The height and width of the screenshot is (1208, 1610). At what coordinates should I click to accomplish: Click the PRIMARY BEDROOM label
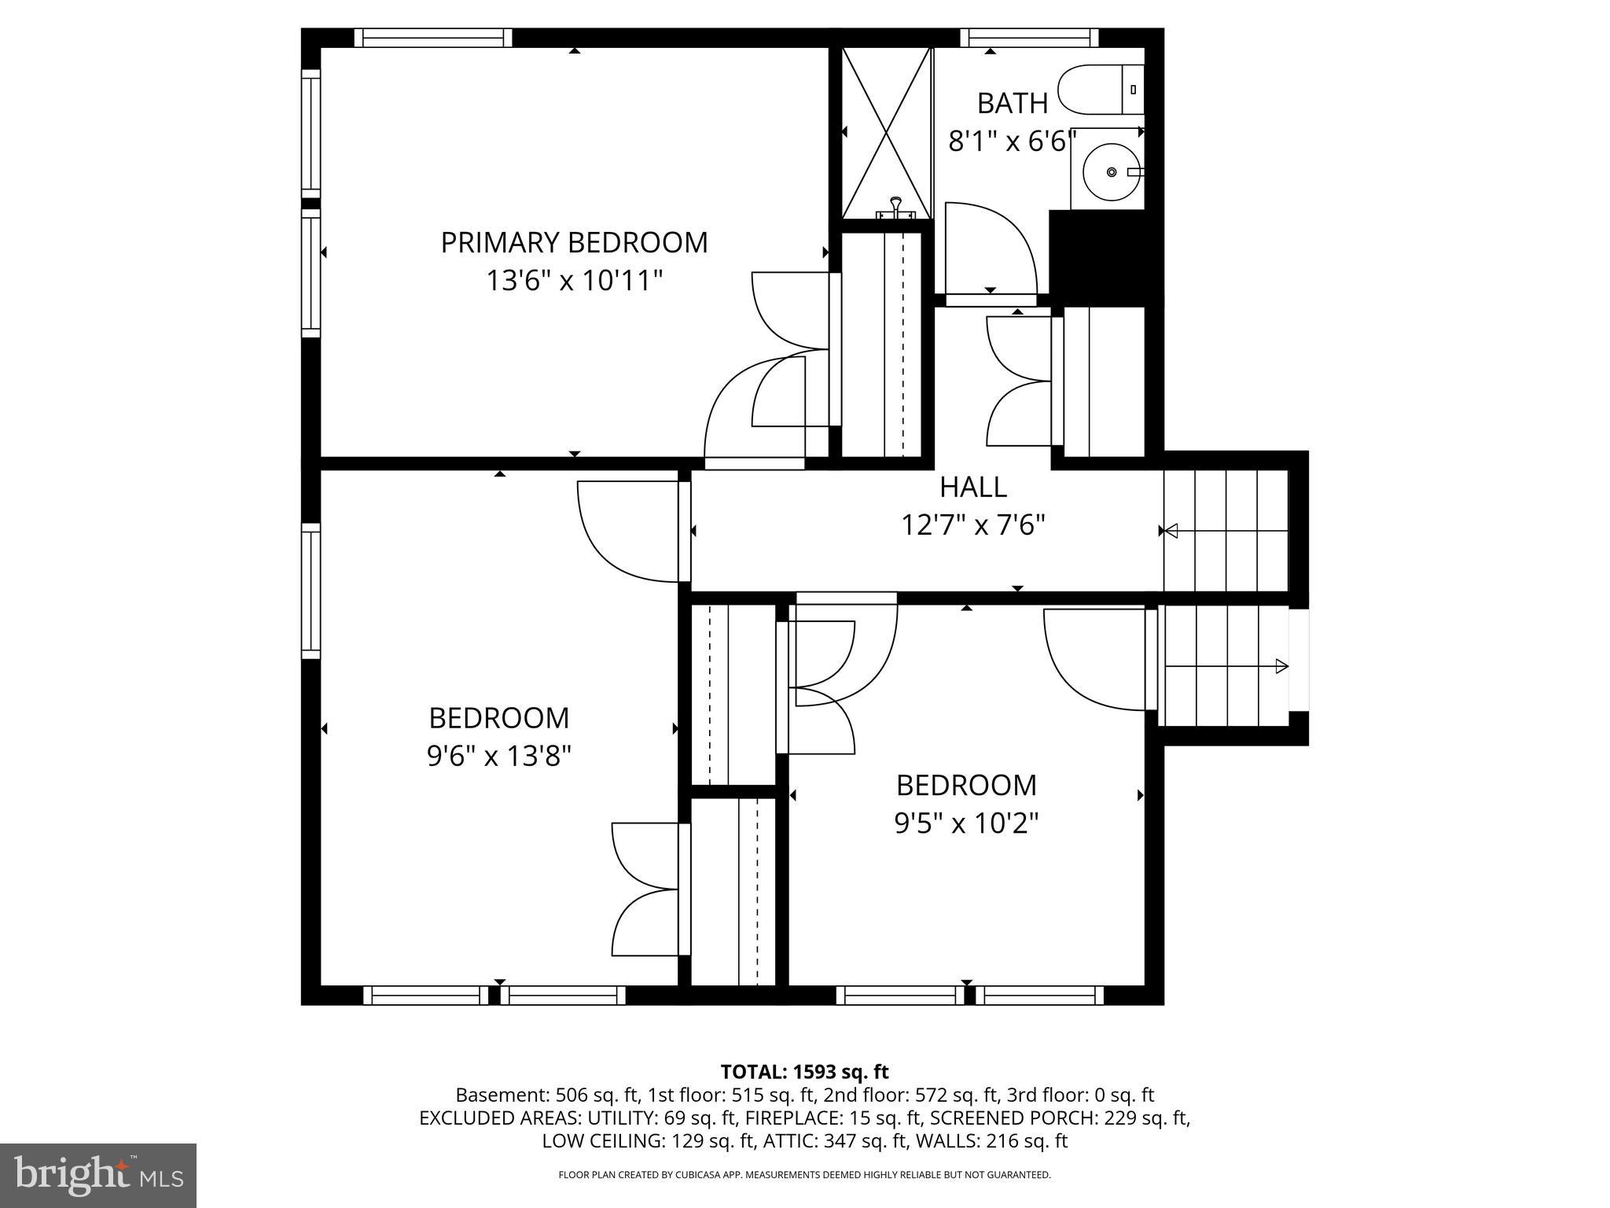tap(574, 242)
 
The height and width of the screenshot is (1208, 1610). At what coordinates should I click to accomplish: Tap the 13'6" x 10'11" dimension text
tap(574, 281)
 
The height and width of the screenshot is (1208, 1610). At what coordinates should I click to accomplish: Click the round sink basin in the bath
tap(1111, 171)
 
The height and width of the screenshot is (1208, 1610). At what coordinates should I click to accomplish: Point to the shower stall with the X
tap(887, 132)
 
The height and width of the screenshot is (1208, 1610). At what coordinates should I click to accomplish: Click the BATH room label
tap(1013, 103)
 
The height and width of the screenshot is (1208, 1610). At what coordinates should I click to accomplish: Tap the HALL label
tap(973, 487)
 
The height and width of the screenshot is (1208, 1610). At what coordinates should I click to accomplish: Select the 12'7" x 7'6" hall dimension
tap(973, 525)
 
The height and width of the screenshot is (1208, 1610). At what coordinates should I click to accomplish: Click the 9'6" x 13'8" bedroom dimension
tap(498, 757)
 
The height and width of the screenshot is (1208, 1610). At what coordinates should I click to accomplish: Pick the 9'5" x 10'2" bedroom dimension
tap(966, 823)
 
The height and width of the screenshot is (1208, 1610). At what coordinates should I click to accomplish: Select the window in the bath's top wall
tap(1029, 37)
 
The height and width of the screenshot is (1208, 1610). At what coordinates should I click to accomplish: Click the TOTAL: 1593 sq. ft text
tap(804, 1071)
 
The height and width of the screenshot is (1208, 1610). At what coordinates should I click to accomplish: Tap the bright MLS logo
tap(97, 1175)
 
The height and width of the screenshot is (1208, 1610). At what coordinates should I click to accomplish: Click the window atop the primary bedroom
tap(432, 37)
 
